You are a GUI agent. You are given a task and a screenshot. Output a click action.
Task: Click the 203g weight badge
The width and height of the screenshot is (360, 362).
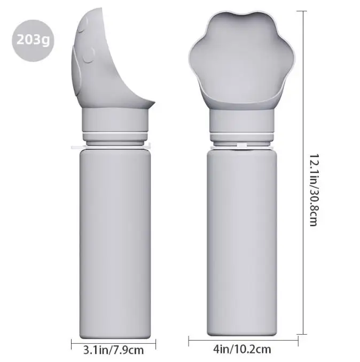click(33, 41)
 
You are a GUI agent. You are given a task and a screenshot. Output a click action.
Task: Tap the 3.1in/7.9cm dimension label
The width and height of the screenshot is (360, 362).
click(113, 350)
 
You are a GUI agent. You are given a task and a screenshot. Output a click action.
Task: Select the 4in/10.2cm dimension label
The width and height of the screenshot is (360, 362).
click(242, 349)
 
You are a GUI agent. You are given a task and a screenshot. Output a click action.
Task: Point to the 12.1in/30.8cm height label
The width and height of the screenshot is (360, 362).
click(314, 190)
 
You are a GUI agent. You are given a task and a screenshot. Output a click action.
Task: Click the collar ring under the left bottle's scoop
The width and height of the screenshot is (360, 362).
click(115, 120)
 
